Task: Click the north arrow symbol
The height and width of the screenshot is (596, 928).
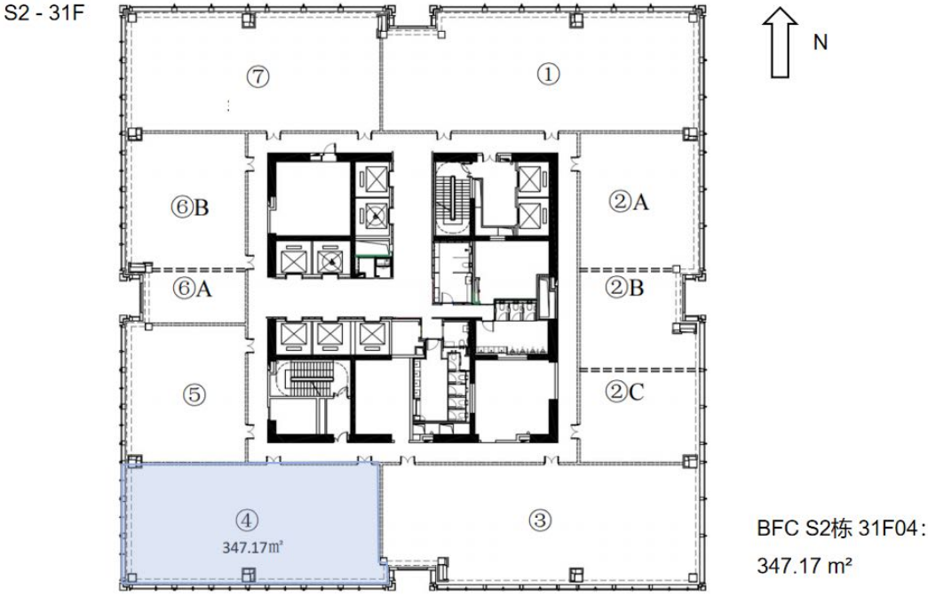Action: coord(780,43)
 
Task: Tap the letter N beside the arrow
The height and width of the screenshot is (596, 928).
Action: coord(821,43)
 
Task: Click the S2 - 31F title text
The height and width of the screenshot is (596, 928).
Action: coord(44,12)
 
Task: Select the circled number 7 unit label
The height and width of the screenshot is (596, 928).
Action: coord(258,76)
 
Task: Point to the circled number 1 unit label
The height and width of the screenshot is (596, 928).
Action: coord(548,75)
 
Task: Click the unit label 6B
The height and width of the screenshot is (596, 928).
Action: coord(190,207)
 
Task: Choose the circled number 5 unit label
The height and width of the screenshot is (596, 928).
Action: coord(194,394)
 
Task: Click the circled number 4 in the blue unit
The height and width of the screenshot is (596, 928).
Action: coord(247,521)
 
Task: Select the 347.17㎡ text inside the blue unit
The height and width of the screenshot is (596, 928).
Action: coord(253,547)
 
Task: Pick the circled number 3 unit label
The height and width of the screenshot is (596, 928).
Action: coord(540,521)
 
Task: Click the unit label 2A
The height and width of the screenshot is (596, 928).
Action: coord(629,202)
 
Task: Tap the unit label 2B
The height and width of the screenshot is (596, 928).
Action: coord(625,288)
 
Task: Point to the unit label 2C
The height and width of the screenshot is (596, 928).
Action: coord(625,391)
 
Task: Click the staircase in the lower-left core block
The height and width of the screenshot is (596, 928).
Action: coord(310,380)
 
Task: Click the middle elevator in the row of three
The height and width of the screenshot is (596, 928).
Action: coord(329,336)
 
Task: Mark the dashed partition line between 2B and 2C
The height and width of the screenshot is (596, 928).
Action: coord(641,370)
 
